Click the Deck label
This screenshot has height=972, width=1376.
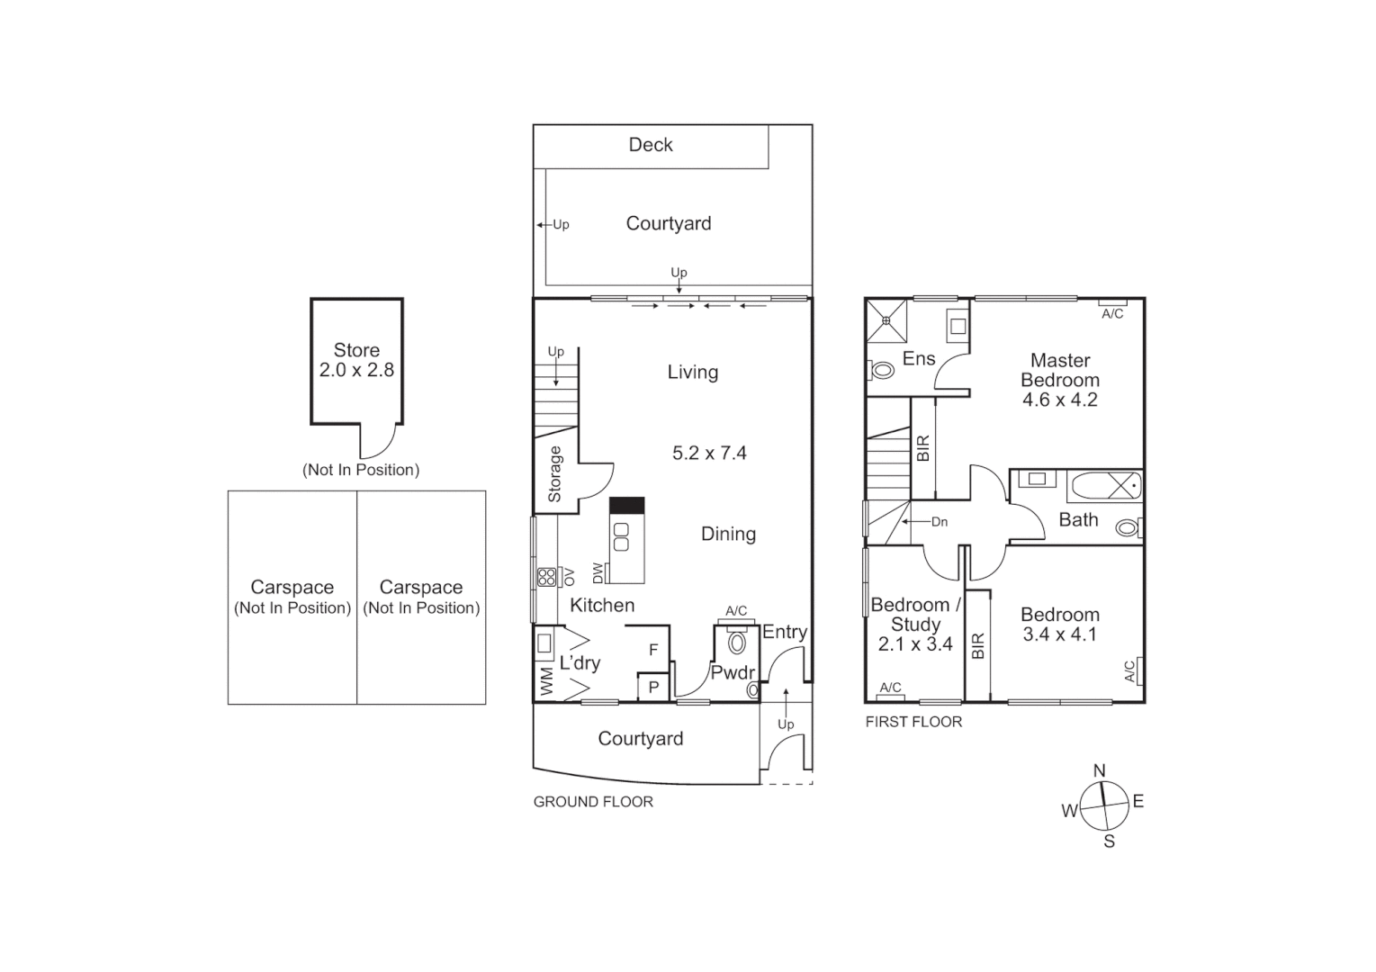coord(650,145)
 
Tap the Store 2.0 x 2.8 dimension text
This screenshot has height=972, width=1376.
coord(356,370)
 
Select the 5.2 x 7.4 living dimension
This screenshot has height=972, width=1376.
coord(709,454)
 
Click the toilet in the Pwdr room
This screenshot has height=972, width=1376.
coord(737,643)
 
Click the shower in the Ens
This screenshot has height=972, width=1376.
coord(887,320)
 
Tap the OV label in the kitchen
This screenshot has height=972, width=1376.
coord(569,577)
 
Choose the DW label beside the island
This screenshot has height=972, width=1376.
coord(598,572)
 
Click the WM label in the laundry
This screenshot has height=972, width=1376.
coord(546,681)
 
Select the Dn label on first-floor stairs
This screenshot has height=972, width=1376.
coord(939,522)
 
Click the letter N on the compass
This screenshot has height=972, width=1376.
coord(1099,771)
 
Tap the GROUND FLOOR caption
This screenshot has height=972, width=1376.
coord(593,802)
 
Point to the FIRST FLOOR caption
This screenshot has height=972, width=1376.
coord(913,722)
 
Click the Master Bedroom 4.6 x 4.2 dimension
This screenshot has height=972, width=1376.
coord(1059,400)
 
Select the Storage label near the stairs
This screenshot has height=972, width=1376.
coord(554,474)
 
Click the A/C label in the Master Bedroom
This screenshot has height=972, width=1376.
coord(1112,314)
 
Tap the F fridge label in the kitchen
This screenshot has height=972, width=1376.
coord(653,650)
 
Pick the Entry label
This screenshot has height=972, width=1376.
coord(784,632)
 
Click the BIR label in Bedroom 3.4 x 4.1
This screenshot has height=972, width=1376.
coord(978,646)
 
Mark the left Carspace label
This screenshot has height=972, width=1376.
coord(292,588)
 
